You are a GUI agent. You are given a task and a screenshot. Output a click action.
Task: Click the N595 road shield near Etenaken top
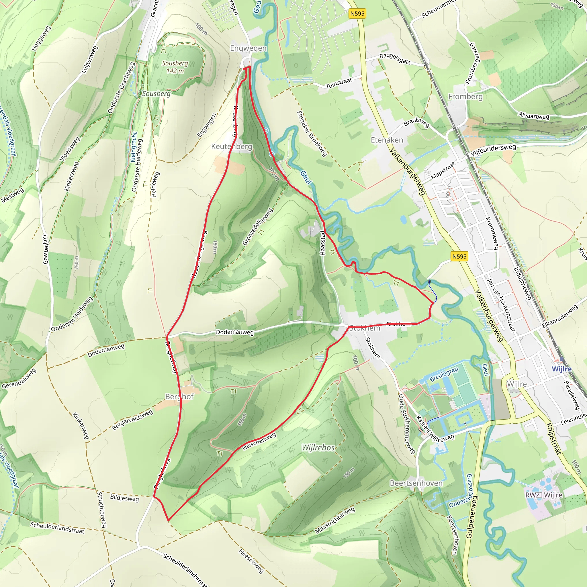click(x=357, y=13)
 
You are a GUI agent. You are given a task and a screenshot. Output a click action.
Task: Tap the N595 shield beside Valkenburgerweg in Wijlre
click(x=459, y=256)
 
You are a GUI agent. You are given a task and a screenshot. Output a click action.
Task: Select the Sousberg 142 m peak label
click(x=175, y=67)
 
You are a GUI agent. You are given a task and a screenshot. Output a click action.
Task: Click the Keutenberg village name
click(x=232, y=146)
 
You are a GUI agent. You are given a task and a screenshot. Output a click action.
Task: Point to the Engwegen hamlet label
click(x=248, y=48)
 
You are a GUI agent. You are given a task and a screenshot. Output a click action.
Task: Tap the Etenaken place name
click(x=387, y=140)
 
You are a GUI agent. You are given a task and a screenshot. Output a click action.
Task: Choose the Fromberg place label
click(x=465, y=97)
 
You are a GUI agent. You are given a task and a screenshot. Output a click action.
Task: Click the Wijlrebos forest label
click(x=318, y=447)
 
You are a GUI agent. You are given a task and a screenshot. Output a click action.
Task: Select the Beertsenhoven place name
click(x=416, y=483)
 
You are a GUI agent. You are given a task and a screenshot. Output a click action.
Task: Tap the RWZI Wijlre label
click(x=544, y=495)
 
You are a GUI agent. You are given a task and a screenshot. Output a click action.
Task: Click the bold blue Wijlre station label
click(x=561, y=369)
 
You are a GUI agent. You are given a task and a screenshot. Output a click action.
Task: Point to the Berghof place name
click(x=179, y=396)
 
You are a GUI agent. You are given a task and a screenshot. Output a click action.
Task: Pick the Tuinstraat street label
click(x=339, y=83)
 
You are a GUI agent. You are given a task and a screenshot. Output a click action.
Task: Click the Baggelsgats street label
click(x=395, y=59)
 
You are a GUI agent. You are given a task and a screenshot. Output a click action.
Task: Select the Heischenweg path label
click(x=259, y=441)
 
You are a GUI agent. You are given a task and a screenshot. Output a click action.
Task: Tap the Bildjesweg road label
click(x=124, y=498)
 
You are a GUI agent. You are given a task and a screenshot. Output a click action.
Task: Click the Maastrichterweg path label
click(x=335, y=520)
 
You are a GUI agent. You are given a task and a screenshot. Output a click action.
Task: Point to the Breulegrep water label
click(x=444, y=374)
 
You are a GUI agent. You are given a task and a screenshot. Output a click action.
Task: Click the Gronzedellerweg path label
click(x=257, y=227)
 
